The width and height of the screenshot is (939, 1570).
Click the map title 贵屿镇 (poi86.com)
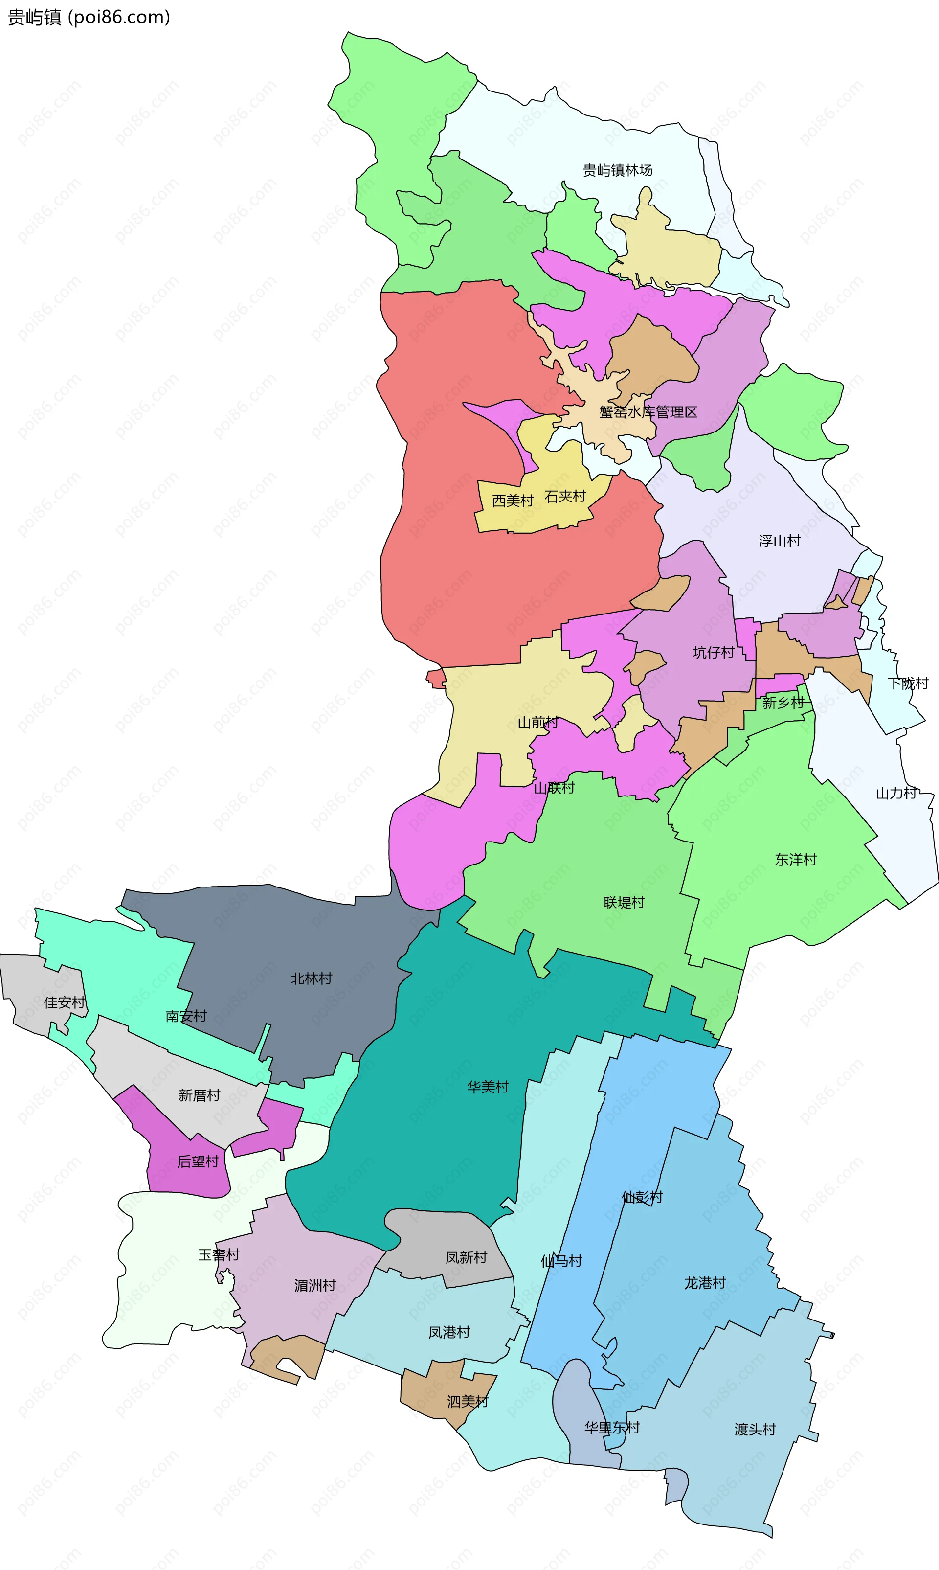click(89, 17)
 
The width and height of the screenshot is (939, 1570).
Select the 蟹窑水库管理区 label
click(648, 412)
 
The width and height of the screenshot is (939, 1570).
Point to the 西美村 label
click(513, 501)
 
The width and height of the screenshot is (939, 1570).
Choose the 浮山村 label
click(779, 541)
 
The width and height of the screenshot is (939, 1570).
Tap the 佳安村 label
click(64, 1003)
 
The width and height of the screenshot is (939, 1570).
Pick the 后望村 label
click(198, 1162)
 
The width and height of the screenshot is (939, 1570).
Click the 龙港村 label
click(704, 1283)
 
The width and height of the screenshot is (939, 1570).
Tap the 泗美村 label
click(467, 1402)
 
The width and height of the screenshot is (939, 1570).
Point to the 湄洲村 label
click(314, 1286)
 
